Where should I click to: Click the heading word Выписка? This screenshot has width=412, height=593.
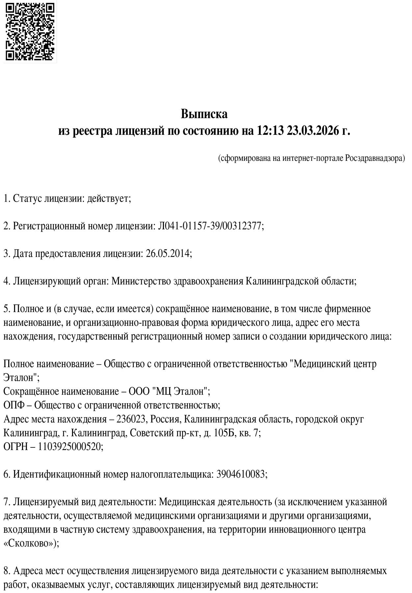204,114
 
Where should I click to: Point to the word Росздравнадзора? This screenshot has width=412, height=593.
375,158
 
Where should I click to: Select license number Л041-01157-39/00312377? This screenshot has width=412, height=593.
210,226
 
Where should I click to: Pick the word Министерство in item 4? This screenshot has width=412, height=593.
141,281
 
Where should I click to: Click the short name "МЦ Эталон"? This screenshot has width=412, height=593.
180,392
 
